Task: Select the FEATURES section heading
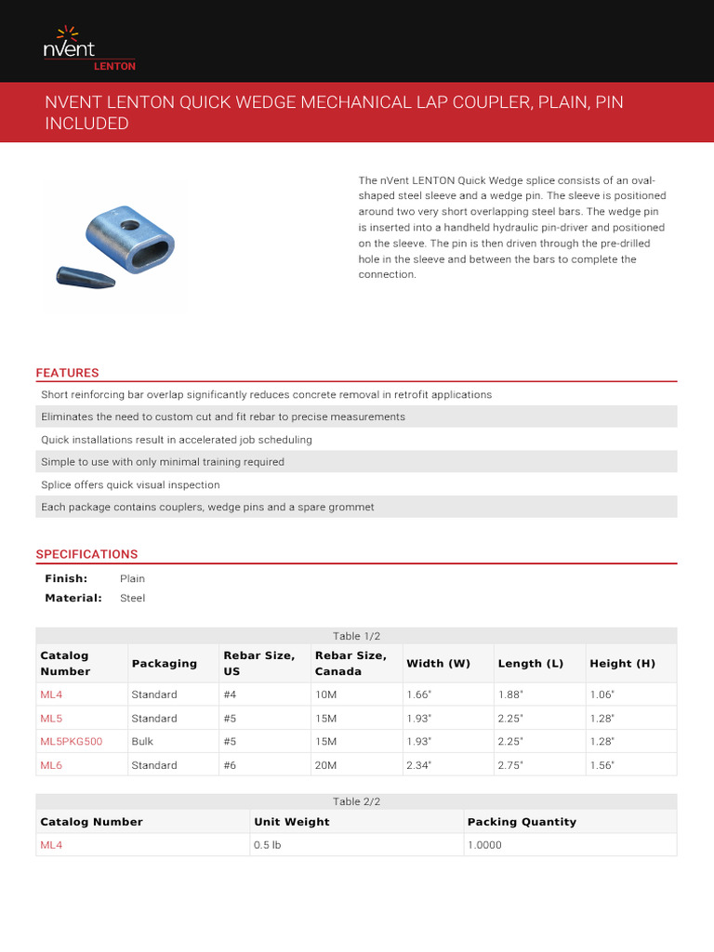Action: (x=67, y=373)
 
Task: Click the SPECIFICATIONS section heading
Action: (x=86, y=554)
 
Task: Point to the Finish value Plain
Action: (x=132, y=578)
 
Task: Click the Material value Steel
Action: (x=132, y=598)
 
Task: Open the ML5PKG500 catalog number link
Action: (x=71, y=742)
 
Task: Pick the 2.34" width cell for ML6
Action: (x=418, y=765)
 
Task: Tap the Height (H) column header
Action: (x=622, y=663)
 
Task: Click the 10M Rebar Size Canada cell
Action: (x=326, y=694)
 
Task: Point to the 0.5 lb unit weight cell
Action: (x=267, y=845)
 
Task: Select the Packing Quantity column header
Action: (x=522, y=822)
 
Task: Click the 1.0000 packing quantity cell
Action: (x=484, y=845)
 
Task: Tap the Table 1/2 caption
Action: (x=357, y=636)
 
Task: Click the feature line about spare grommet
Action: (x=208, y=507)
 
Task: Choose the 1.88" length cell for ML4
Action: (x=510, y=694)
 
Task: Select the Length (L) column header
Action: (x=530, y=663)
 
